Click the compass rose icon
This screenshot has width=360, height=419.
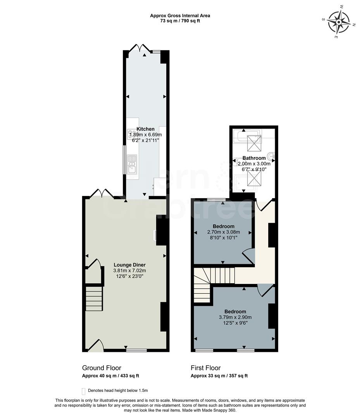click(x=339, y=21)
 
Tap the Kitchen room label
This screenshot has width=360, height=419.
click(x=145, y=129)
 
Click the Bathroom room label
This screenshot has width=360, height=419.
click(x=254, y=158)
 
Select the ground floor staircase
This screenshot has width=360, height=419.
click(x=94, y=298)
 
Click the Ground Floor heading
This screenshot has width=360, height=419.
click(x=102, y=368)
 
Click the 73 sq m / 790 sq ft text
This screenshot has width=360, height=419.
click(x=180, y=21)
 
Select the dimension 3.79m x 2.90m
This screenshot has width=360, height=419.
click(x=235, y=317)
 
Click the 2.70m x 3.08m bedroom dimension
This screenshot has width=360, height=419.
click(x=223, y=232)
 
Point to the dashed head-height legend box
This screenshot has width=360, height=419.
click(x=83, y=391)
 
